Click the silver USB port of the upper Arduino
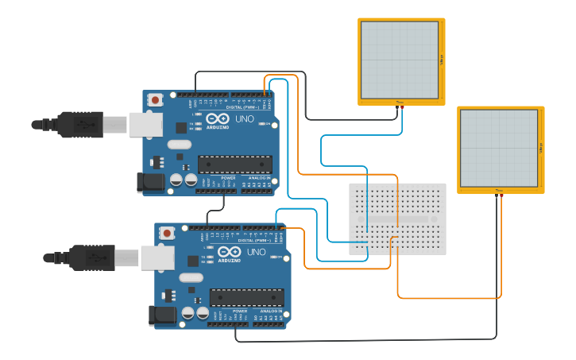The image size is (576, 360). [145, 124]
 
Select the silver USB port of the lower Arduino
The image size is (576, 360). [157, 257]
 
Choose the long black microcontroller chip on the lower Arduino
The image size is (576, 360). [246, 297]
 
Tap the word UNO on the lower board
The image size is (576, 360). [257, 252]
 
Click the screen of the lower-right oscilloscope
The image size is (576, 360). [499, 147]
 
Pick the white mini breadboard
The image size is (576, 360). [397, 219]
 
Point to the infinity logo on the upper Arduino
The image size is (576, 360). [212, 118]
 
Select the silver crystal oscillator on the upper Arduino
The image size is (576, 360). [180, 144]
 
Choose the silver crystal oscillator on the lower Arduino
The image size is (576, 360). [191, 277]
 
